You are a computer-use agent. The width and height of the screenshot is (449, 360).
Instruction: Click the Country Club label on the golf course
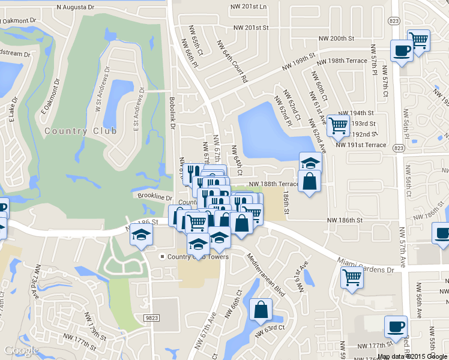tap(73, 131)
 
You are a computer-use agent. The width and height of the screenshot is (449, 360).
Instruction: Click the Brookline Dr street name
tap(154, 197)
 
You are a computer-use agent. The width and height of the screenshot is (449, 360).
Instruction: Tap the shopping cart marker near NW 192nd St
tap(339, 125)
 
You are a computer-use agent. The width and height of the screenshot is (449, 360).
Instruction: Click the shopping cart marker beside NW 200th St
tap(418, 40)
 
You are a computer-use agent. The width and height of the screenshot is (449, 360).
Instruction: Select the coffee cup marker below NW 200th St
tap(402, 50)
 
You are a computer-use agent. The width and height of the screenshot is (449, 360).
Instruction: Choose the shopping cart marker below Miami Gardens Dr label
tap(352, 277)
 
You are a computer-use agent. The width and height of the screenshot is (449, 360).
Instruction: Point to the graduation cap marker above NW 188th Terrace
tap(310, 163)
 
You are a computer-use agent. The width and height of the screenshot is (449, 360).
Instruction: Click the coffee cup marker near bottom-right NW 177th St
tap(396, 326)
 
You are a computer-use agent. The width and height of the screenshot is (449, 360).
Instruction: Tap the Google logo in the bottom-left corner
tap(21, 351)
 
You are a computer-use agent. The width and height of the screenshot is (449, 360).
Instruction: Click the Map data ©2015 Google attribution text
tap(412, 356)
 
